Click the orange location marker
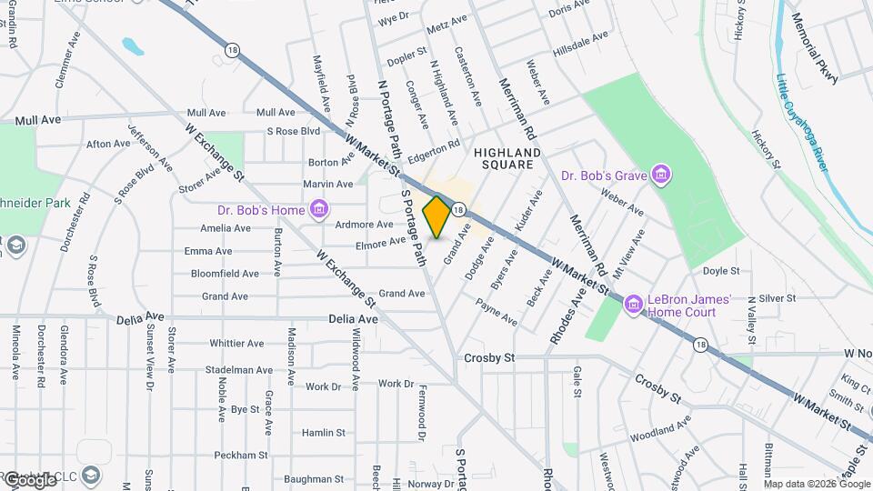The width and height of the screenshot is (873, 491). (436, 217)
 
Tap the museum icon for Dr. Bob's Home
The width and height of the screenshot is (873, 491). (318, 211)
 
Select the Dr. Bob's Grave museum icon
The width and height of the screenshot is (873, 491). (661, 175)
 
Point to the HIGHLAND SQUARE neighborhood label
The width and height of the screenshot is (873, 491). (507, 158)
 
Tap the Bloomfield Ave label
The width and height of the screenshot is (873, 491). (225, 273)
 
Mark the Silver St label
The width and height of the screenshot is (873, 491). (777, 297)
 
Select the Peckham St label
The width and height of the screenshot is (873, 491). (241, 455)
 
